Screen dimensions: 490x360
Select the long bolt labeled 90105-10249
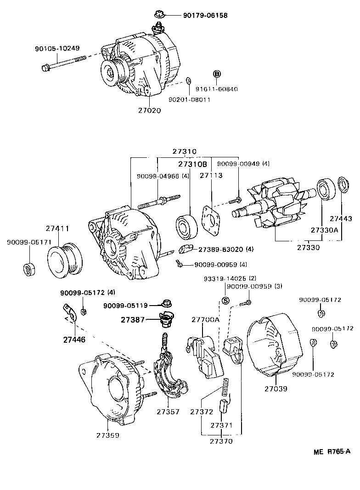pyautogui.click(x=64, y=63)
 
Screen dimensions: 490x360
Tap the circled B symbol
pyautogui.click(x=217, y=74)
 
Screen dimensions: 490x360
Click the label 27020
pyautogui.click(x=149, y=111)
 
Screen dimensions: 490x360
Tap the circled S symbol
pyautogui.click(x=225, y=301)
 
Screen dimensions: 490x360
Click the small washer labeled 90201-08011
pyautogui.click(x=188, y=81)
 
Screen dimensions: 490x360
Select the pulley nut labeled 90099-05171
pyautogui.click(x=28, y=268)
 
